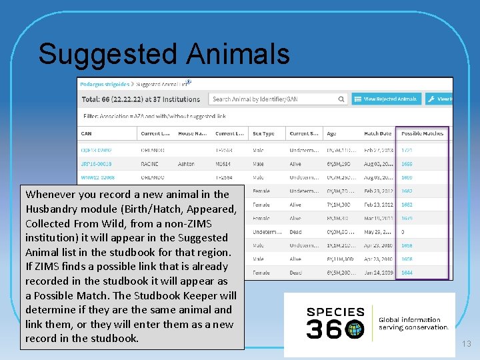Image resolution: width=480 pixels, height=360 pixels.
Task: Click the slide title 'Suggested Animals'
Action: [164, 54]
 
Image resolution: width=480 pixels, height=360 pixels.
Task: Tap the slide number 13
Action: [466, 343]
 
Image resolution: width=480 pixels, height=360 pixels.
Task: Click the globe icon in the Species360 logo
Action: [355, 328]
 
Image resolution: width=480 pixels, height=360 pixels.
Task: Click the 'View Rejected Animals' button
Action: [386, 99]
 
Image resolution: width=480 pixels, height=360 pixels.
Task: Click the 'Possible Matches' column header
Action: [422, 133]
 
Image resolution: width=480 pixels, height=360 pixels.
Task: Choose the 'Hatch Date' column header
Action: [378, 133]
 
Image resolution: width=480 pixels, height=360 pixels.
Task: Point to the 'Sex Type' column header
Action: [264, 133]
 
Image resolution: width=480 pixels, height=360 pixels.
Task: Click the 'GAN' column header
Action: [87, 133]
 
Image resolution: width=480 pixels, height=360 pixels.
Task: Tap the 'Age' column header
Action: [332, 133]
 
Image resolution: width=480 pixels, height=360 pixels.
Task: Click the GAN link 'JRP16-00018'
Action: [97, 163]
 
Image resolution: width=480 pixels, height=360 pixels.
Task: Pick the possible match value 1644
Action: [407, 272]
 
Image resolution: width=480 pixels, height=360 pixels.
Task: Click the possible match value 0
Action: [403, 231]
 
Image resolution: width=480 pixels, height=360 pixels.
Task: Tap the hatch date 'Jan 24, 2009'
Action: [378, 272]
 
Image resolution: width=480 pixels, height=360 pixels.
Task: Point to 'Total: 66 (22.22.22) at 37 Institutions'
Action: [141, 99]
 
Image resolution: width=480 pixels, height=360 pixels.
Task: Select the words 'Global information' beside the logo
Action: [409, 320]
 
